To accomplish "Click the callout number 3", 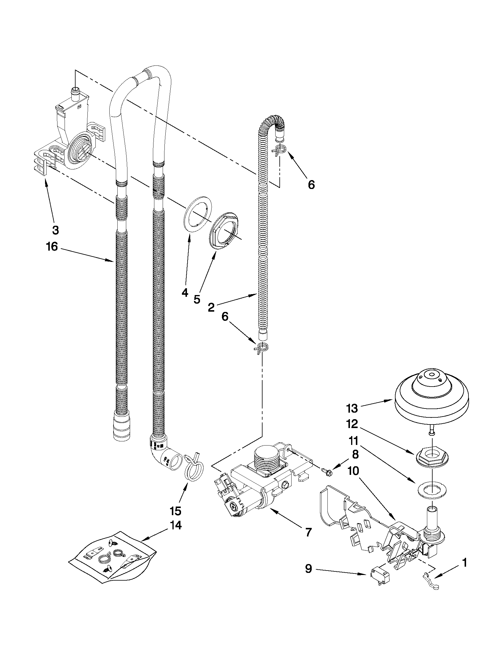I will [55, 230].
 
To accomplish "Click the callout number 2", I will [211, 307].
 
